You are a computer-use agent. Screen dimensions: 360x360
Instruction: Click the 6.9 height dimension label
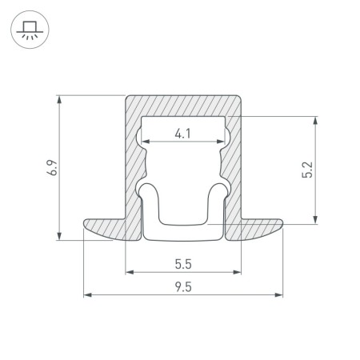[53, 167]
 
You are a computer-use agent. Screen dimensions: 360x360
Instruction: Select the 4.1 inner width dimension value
[183, 134]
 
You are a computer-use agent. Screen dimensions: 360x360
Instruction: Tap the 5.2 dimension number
[307, 170]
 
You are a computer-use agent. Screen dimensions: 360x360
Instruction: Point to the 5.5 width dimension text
[183, 264]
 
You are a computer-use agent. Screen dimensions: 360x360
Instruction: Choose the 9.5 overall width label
[183, 287]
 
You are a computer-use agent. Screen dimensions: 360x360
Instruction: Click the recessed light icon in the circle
[30, 30]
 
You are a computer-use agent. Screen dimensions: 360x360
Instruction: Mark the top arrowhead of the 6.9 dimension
[59, 99]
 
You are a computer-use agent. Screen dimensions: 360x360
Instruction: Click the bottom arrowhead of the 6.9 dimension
[59, 236]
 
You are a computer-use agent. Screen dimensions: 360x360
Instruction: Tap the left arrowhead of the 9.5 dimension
[88, 295]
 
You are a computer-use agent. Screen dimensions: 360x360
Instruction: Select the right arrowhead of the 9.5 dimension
[278, 295]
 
